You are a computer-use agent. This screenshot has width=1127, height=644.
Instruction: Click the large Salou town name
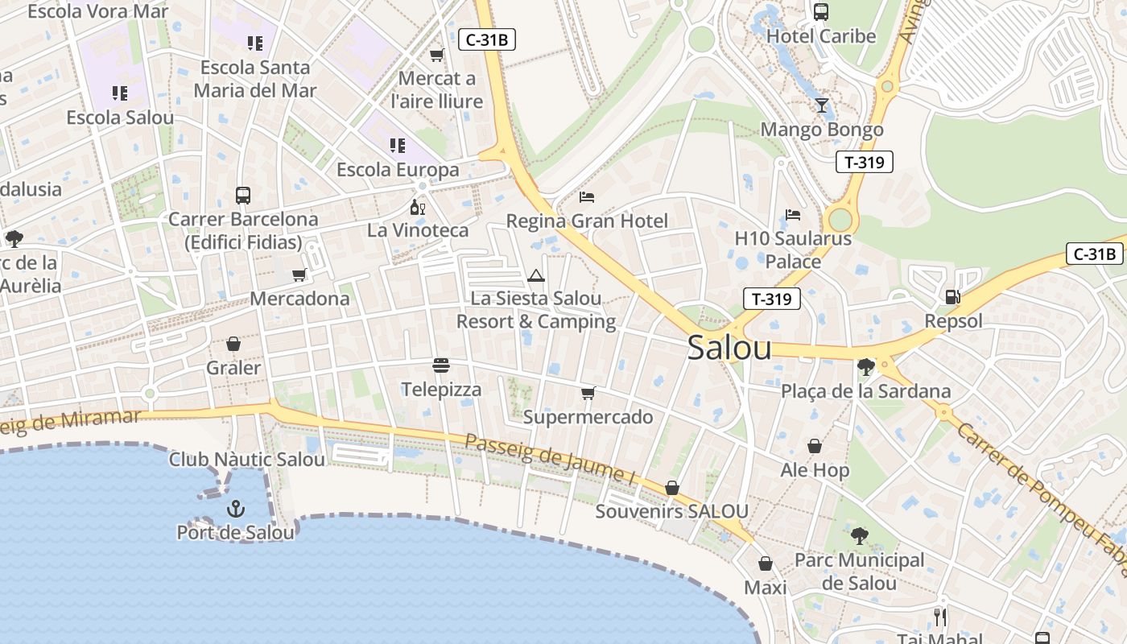(729, 348)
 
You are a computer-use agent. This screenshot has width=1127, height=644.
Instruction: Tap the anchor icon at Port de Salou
(236, 508)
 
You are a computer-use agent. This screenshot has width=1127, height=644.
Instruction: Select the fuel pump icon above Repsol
(952, 297)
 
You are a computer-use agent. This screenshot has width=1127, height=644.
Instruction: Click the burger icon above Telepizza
(441, 365)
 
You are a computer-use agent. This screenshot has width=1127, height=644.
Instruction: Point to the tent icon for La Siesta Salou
(536, 275)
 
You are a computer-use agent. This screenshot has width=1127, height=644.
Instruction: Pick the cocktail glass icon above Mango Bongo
(821, 105)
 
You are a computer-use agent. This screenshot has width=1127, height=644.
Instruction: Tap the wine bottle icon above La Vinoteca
(417, 208)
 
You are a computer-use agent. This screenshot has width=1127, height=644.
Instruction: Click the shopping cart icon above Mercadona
(299, 275)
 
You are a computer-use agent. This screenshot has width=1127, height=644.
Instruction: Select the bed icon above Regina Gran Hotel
(587, 197)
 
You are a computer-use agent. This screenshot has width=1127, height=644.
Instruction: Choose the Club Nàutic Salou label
(247, 460)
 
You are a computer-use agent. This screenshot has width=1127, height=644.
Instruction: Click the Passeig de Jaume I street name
(551, 459)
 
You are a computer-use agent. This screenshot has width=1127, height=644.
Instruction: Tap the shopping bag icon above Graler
(233, 345)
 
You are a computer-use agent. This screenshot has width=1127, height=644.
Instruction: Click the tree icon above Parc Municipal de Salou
(860, 536)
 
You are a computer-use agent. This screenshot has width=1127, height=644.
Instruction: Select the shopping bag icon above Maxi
(765, 563)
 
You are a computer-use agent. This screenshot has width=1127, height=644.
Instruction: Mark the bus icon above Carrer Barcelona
(242, 196)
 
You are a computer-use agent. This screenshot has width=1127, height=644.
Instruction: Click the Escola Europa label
(398, 170)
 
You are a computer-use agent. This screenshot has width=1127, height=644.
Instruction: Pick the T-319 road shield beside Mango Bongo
(865, 162)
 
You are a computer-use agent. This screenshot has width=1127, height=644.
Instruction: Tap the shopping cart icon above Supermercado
(588, 394)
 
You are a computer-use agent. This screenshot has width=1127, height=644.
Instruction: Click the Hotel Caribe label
(821, 36)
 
